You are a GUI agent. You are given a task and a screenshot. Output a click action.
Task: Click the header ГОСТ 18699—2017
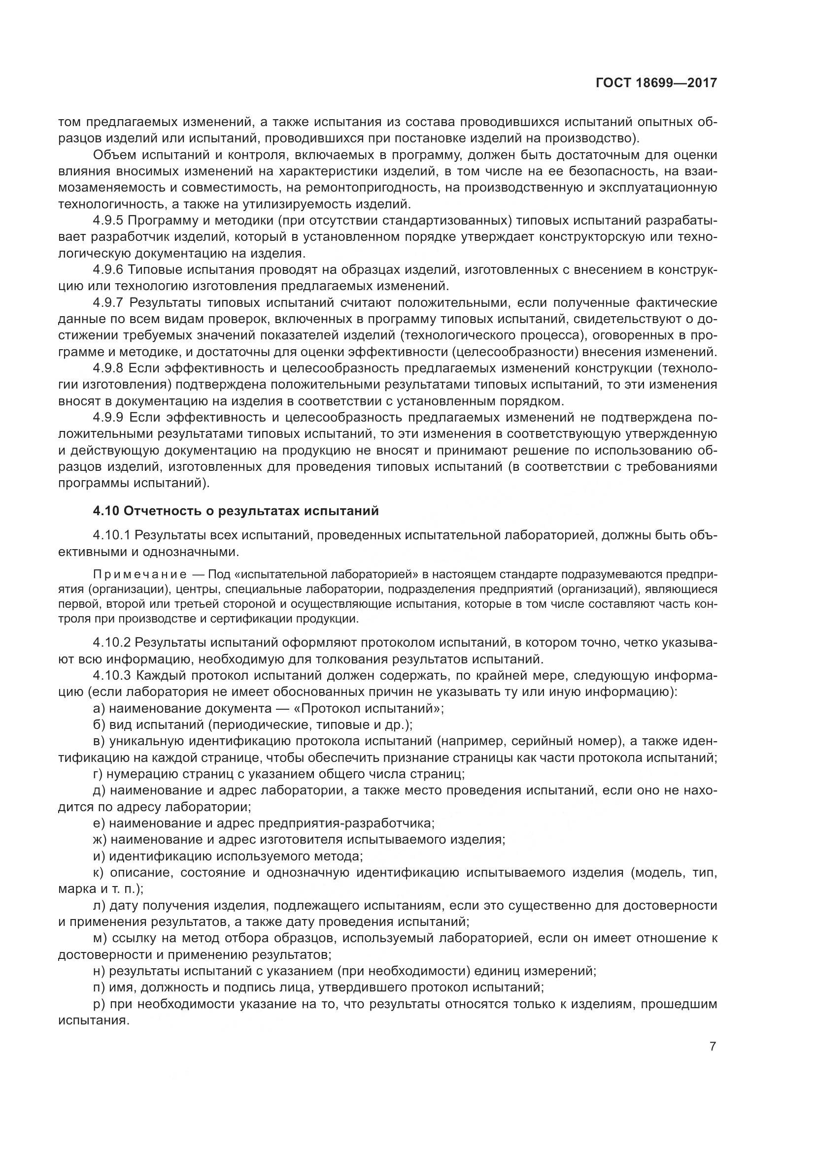click(656, 83)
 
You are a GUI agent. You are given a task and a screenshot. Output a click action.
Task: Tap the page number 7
click(713, 1046)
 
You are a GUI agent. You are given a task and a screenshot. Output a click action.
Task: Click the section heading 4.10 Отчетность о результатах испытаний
click(236, 511)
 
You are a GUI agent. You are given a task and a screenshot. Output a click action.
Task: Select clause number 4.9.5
click(108, 221)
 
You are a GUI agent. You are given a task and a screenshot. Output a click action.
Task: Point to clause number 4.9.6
click(108, 270)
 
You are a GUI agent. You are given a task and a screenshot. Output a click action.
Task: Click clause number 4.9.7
click(108, 302)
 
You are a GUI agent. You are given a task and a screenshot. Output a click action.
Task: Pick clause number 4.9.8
click(108, 368)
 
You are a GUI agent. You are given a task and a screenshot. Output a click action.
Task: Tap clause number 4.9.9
click(108, 418)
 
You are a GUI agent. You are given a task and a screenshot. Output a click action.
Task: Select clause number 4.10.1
click(111, 535)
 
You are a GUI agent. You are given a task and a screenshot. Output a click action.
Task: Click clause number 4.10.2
click(111, 642)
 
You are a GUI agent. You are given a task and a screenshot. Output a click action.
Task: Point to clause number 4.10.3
click(111, 675)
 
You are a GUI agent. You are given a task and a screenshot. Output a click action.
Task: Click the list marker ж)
click(101, 839)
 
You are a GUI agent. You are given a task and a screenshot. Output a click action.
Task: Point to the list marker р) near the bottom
click(99, 1004)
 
